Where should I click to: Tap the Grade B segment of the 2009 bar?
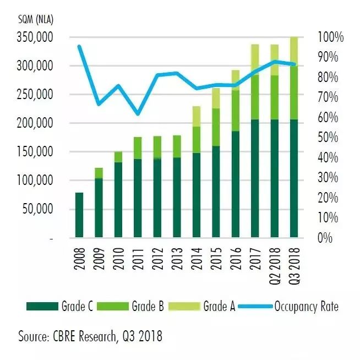99,173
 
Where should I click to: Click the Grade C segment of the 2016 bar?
236,184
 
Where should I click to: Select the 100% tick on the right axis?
330,37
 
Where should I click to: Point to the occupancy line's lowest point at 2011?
138,114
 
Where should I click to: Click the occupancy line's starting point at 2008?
79,46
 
